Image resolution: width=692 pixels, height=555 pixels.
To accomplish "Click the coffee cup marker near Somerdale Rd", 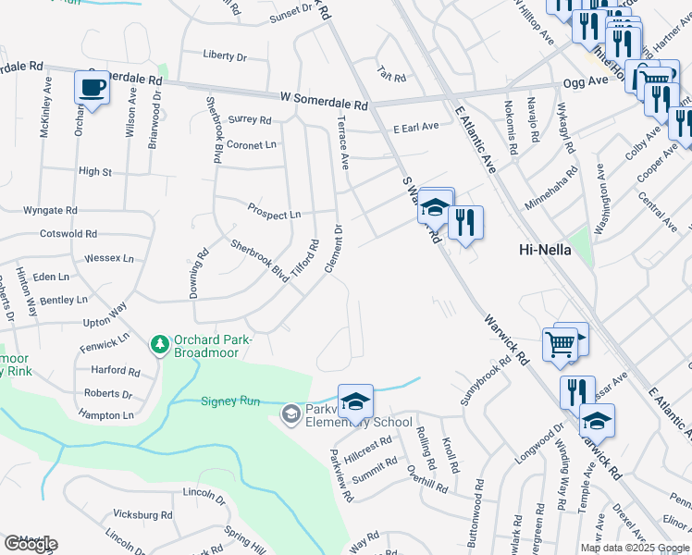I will point(92,87).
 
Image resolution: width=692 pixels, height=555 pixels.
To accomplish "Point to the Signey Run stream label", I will point(228,401).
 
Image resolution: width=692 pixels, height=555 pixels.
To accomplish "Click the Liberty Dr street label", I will point(225,56).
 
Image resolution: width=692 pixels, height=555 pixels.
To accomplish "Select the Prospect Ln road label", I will point(274,214).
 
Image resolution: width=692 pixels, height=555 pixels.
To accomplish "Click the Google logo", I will point(31,544).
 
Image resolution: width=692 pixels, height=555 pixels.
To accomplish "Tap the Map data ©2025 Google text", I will point(635,548).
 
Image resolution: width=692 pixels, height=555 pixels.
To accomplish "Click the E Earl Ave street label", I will point(415,128).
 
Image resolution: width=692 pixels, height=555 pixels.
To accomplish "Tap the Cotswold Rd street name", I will point(65,234).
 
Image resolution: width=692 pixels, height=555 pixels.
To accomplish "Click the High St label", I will point(94,171).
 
